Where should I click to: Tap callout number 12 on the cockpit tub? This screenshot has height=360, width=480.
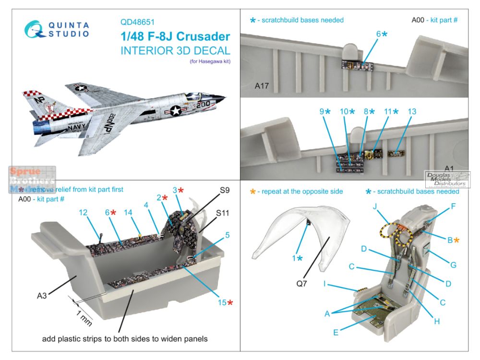pos(84,212)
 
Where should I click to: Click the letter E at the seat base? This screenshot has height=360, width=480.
pos(336,331)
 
